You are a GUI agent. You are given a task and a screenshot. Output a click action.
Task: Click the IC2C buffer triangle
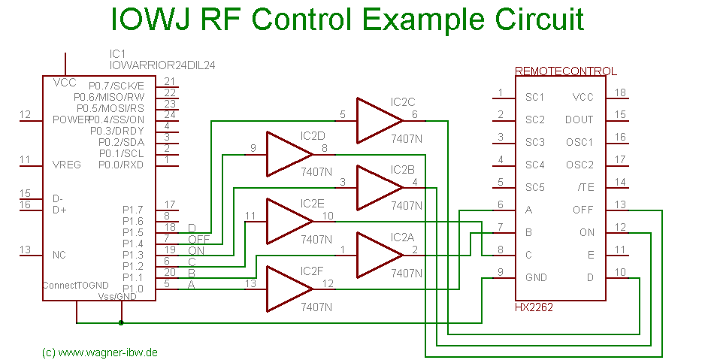[x=376, y=120]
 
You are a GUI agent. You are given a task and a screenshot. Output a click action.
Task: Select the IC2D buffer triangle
[x=287, y=154]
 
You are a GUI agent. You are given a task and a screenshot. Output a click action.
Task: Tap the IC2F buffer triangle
[x=287, y=289]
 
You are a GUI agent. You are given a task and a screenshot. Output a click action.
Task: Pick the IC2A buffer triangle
[x=376, y=255]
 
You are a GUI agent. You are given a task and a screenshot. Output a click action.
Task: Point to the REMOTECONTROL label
[x=565, y=71]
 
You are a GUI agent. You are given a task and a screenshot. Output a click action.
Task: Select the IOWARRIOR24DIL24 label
[x=162, y=65]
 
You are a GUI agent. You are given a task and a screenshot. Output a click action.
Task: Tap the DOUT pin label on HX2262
[x=579, y=119]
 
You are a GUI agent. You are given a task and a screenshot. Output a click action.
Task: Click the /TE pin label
[x=584, y=187]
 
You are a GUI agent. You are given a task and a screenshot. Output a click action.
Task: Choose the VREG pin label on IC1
[x=67, y=165]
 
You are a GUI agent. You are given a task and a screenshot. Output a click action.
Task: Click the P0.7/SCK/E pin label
[x=116, y=86]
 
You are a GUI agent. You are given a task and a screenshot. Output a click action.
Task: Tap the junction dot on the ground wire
[x=122, y=323]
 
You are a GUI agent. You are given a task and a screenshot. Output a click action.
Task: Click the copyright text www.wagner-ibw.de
[x=100, y=352]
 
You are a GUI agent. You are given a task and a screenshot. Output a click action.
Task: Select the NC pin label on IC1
[x=59, y=255]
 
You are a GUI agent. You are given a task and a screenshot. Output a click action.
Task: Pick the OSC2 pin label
[x=579, y=165]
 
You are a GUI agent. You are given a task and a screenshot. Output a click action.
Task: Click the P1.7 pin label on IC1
[x=132, y=210]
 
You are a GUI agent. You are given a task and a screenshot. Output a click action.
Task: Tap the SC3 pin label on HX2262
[x=535, y=142]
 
